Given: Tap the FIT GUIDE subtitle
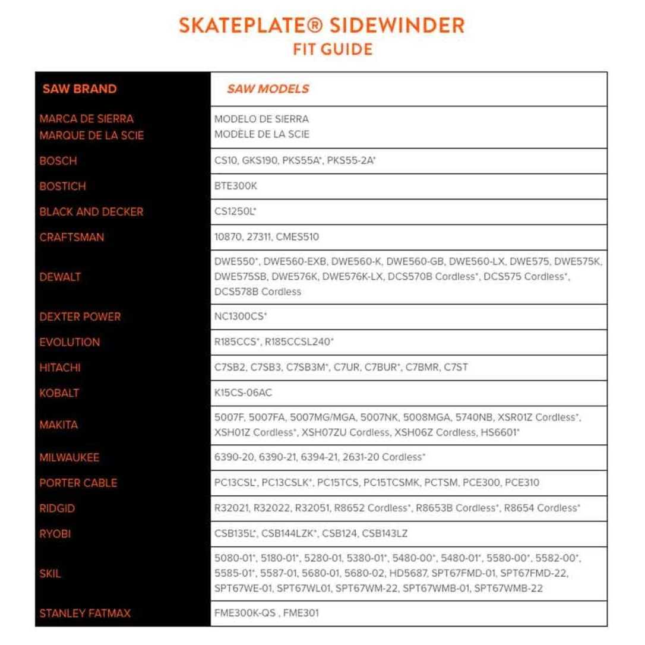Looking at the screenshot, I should coord(333,49).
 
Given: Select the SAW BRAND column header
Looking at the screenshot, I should coord(80,89).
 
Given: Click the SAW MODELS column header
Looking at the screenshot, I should coord(267,89).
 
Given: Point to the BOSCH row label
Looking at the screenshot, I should coord(58,161).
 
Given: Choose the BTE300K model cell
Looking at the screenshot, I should coord(236,186).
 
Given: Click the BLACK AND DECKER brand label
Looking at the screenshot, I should coord(91,211).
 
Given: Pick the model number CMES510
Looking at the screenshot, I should coord(298,237).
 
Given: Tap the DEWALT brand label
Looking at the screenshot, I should coord(60,277).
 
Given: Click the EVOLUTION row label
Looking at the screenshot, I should coord(69,342).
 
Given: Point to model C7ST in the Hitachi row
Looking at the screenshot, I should coord(456,368).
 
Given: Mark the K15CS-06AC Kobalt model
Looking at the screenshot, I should coord(244,393).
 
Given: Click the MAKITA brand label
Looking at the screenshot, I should coord(59,425).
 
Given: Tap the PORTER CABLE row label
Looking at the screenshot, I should coord(78,483).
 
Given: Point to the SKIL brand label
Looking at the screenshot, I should coord(50,574).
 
